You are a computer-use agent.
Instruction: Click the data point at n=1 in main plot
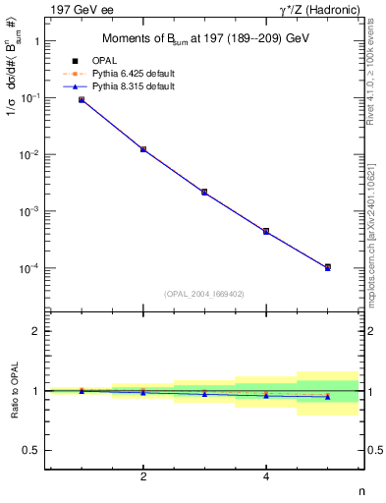[x=82, y=100]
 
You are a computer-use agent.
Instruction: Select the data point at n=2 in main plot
[x=143, y=149]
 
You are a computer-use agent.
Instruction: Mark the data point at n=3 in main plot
[x=204, y=192]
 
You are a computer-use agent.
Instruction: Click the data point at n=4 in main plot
[x=266, y=231]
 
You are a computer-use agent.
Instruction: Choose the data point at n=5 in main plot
[x=327, y=267]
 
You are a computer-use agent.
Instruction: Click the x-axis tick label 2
[x=143, y=477]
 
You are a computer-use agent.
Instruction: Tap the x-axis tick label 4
[x=266, y=477]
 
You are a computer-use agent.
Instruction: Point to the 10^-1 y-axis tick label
[x=32, y=98]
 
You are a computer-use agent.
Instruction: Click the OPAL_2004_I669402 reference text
[x=204, y=293]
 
